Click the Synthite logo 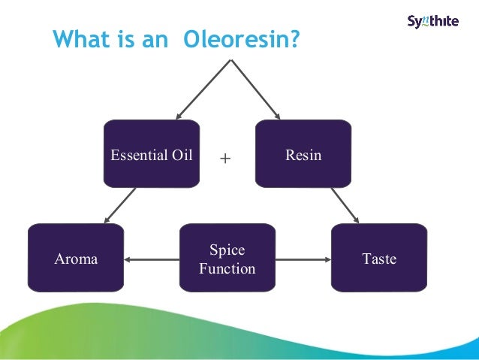tap(432, 21)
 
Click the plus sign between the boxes tap(224, 159)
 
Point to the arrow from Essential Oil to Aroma tap(120, 205)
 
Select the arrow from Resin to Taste tap(345, 204)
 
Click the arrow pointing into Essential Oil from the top tap(202, 88)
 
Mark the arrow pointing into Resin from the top tap(255, 88)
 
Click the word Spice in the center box tap(227, 250)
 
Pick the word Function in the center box tap(227, 268)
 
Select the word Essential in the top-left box tap(137, 156)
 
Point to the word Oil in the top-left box tap(180, 156)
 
